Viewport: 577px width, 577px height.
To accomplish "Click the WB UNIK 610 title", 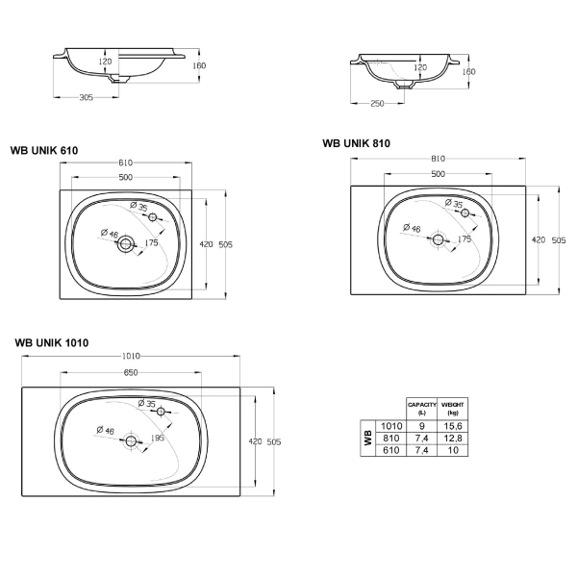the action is point(44,151).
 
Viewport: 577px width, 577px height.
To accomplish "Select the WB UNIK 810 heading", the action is point(356,143).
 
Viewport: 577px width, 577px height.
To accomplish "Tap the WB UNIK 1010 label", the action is point(52,343).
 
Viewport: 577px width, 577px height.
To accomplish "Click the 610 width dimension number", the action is point(125,163).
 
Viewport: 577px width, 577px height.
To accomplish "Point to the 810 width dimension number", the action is point(438,159).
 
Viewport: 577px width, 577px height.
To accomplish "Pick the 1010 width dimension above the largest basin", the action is point(131,356).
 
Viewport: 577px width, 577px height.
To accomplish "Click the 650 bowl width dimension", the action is point(131,372).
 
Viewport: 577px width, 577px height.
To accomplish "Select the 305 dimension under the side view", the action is point(87,97).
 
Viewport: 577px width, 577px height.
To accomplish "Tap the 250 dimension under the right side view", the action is point(377,104).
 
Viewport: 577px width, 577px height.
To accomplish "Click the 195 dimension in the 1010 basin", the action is point(157,438).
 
